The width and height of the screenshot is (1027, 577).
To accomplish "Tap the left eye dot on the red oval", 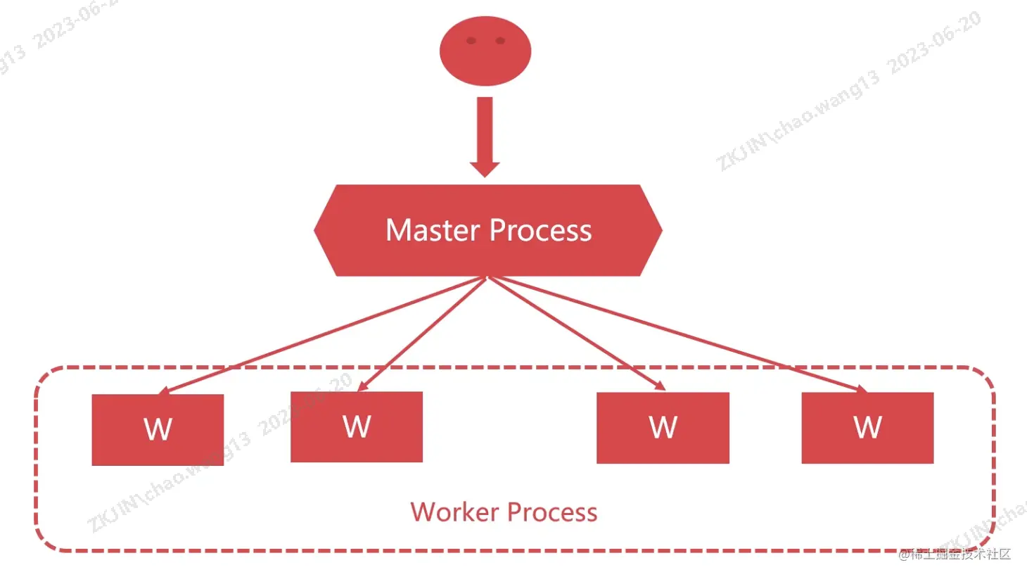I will pyautogui.click(x=471, y=41).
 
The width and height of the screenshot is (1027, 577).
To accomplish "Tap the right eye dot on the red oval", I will pyautogui.click(x=500, y=41).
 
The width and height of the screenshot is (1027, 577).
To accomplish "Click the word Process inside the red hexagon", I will pyautogui.click(x=540, y=230).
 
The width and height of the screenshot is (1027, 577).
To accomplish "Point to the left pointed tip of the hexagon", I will pyautogui.click(x=317, y=229).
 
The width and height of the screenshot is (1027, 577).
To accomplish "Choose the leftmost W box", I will pyautogui.click(x=158, y=429).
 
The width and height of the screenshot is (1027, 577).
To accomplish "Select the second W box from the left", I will pyautogui.click(x=357, y=426).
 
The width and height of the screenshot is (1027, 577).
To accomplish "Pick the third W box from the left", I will pyautogui.click(x=663, y=427).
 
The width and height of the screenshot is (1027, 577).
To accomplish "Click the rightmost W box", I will pyautogui.click(x=867, y=427).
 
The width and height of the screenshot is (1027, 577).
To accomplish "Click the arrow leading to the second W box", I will pyautogui.click(x=422, y=334).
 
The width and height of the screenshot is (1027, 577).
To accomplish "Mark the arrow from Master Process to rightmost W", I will pyautogui.click(x=675, y=334).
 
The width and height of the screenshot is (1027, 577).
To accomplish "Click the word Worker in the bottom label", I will pyautogui.click(x=455, y=512).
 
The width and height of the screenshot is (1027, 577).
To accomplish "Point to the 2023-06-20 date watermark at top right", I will pyautogui.click(x=934, y=44).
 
